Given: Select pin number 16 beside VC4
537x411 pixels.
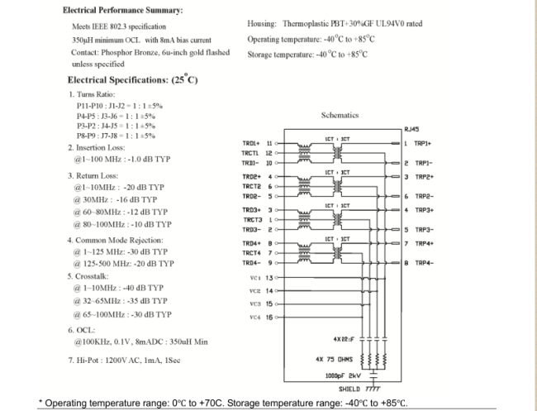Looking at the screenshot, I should [268, 317].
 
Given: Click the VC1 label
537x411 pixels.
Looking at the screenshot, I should [255, 278].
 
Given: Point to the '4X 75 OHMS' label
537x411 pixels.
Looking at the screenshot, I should [334, 360].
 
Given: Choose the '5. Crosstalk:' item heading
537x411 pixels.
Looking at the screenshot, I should [92, 275].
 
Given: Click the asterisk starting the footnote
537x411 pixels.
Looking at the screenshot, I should [41, 402].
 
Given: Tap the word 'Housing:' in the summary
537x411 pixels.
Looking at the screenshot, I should [263, 23].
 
